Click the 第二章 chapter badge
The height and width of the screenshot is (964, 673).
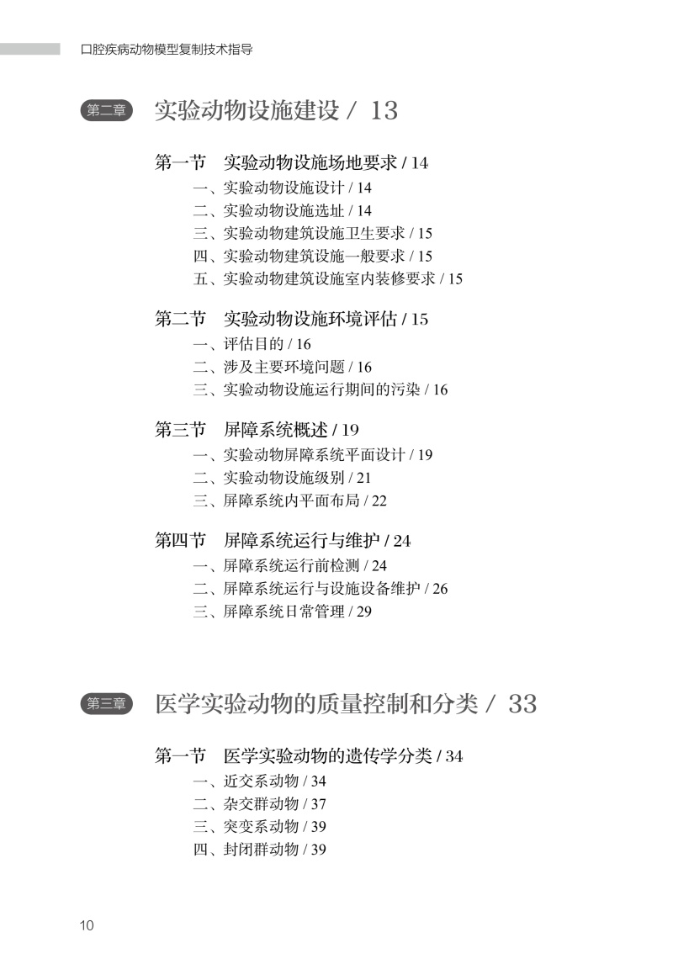[x=107, y=111]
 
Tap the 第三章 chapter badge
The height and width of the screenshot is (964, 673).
[x=107, y=704]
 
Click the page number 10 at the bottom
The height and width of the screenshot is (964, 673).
[x=87, y=926]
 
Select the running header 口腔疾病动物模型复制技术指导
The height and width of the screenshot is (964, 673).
[x=167, y=50]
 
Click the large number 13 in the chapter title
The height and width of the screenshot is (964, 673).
[x=383, y=111]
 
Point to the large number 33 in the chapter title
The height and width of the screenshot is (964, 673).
[x=522, y=704]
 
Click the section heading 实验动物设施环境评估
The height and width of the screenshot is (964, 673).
[x=310, y=320]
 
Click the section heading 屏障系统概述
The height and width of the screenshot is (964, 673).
[x=275, y=431]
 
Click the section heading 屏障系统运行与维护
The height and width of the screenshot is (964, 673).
[x=301, y=541]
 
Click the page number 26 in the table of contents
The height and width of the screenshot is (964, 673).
[x=440, y=589]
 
